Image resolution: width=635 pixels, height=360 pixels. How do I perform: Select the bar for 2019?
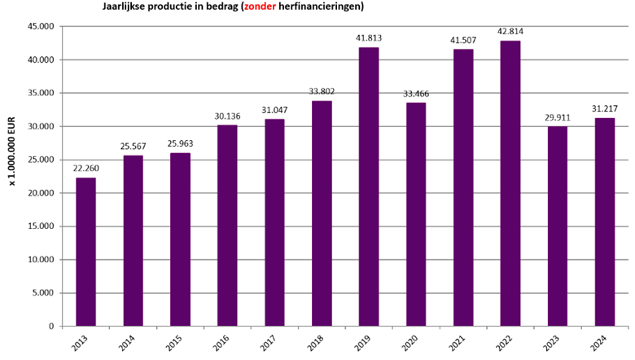(x=369, y=187)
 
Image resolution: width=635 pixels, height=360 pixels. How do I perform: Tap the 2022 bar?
(x=510, y=183)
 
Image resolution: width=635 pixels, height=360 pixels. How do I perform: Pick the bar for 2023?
(x=557, y=226)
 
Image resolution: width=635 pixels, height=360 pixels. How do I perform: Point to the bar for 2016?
(x=227, y=226)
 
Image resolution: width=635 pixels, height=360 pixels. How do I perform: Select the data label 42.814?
(x=510, y=32)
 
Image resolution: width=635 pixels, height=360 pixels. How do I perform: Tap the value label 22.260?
(x=86, y=169)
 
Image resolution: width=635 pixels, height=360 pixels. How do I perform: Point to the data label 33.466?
(x=416, y=94)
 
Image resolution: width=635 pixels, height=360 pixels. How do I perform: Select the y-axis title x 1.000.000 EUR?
(x=13, y=156)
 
